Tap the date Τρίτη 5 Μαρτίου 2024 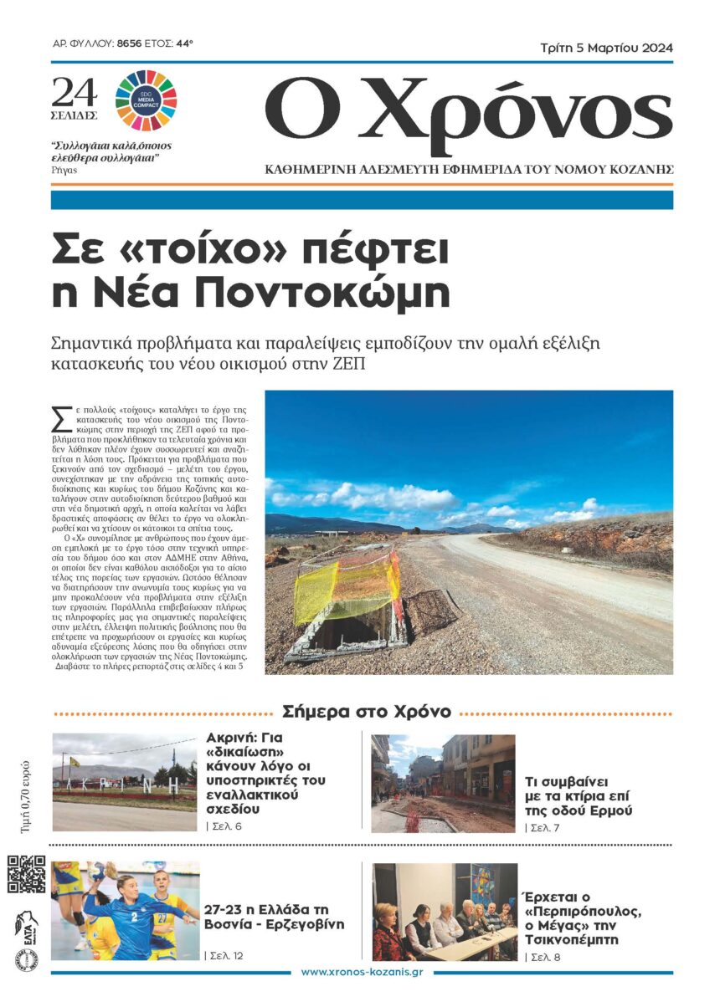(606, 48)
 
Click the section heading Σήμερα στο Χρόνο (367, 712)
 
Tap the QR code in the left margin (27, 873)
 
